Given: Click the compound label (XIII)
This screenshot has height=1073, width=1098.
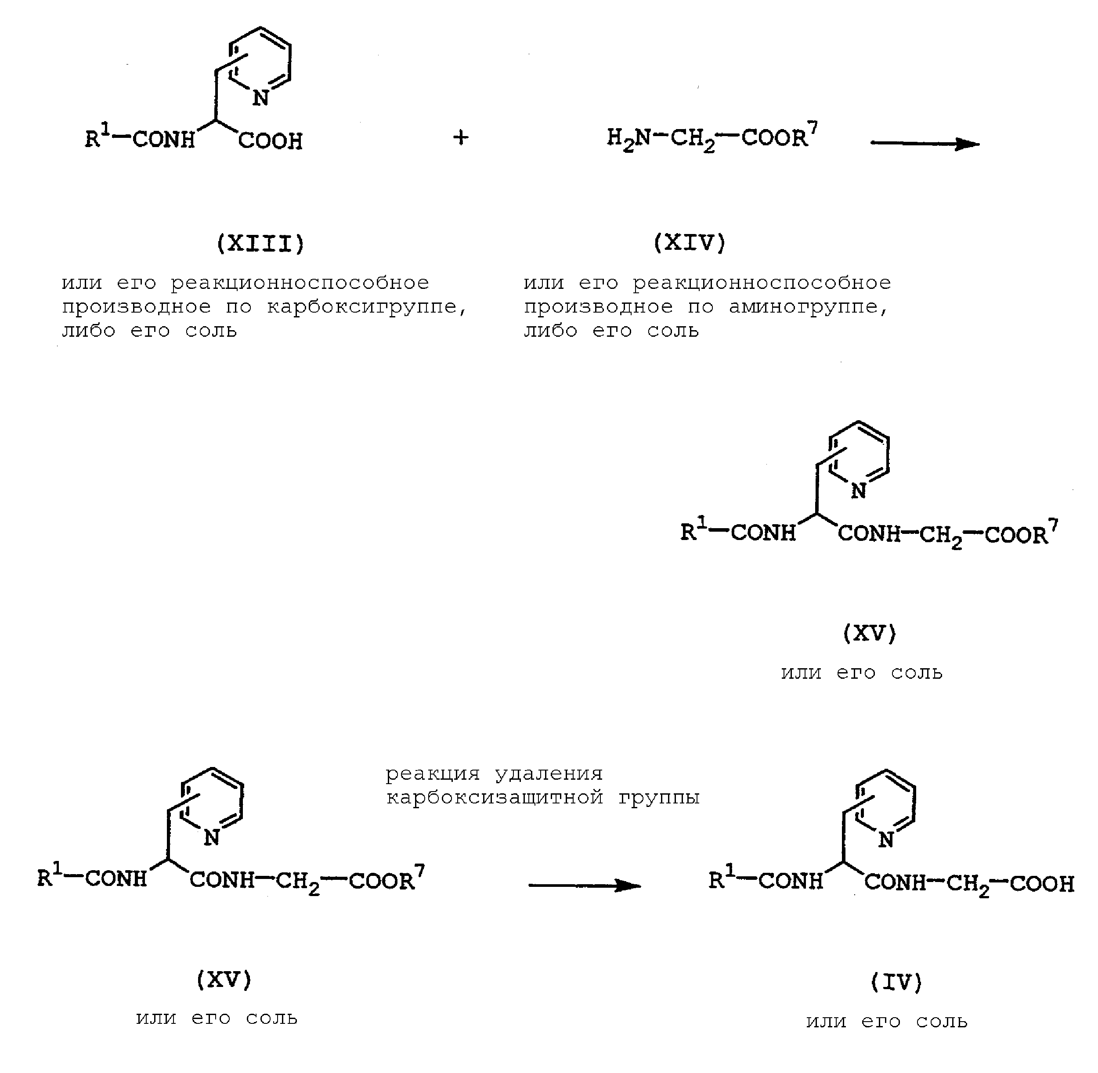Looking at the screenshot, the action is pos(260,244).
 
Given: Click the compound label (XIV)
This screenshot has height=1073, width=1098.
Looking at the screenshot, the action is pos(690,243).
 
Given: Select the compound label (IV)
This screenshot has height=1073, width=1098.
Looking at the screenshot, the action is pos(896,982).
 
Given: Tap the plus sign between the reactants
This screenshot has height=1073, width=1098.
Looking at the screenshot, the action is pos(461,137).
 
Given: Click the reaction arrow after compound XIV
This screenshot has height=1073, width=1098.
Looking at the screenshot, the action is pos(925,144).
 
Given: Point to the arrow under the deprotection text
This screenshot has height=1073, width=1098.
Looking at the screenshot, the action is pos(585,886).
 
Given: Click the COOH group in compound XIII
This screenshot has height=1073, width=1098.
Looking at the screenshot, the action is pos(271,141).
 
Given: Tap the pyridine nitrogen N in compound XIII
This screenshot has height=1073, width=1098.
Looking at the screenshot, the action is pos(260,98).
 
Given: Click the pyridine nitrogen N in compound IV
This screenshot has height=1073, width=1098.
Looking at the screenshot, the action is pos(885,840).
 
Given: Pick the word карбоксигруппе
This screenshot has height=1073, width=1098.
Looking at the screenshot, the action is pos(366,308).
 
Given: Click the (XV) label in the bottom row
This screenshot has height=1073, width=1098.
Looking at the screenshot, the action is pos(224,980).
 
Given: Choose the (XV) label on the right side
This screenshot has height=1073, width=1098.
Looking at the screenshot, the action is pos(869,634).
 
